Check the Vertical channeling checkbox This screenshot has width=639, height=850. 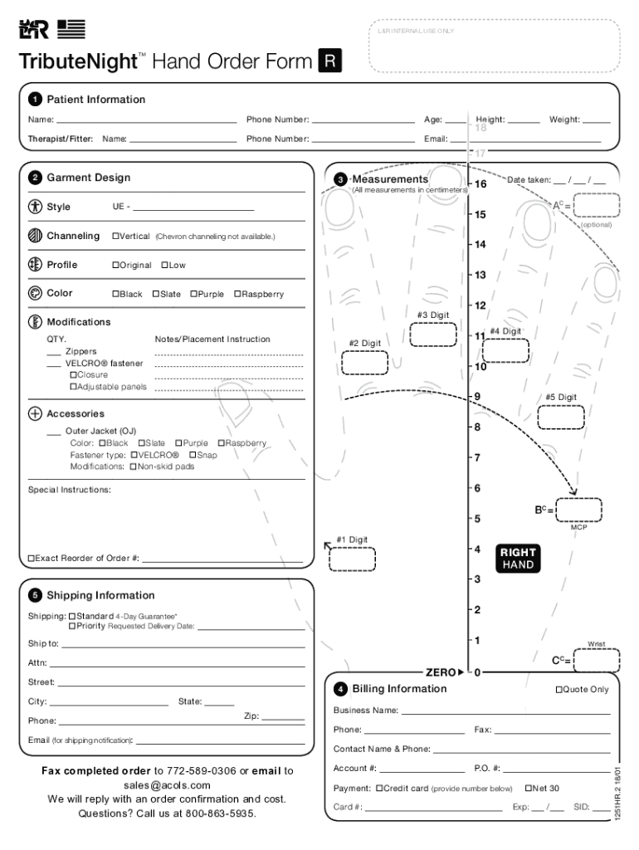[116, 237]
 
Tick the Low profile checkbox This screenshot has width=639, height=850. [164, 265]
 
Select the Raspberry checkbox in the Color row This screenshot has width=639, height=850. [237, 294]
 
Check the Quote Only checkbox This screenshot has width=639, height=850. [559, 690]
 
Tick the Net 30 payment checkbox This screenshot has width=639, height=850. [528, 788]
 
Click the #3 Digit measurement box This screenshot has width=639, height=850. [433, 334]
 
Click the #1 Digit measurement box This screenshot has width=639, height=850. [352, 559]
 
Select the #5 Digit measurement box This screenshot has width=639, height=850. [561, 417]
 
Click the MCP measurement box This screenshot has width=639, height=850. [578, 510]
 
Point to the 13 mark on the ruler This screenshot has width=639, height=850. [479, 275]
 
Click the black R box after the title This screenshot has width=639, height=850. [329, 61]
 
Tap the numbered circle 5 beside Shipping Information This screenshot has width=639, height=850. [35, 596]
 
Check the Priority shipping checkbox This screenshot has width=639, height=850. [72, 626]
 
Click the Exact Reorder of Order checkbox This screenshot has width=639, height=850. [32, 559]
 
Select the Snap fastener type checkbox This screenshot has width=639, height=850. [193, 455]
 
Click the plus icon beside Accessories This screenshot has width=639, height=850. [35, 413]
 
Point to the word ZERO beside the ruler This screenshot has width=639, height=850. [440, 672]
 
